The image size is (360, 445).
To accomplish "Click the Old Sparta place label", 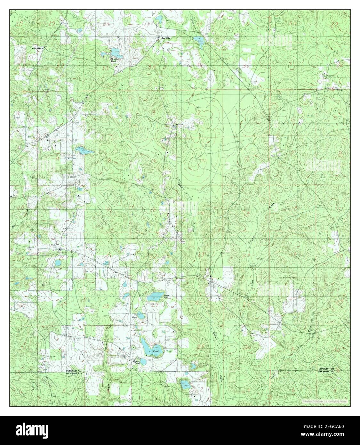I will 37,48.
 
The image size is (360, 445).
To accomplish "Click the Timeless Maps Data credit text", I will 324,401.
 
